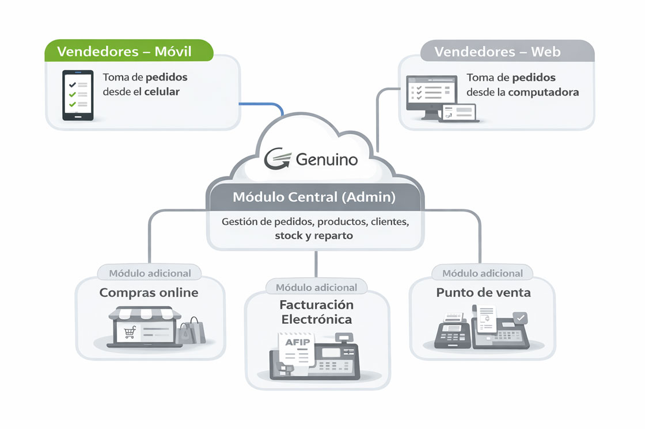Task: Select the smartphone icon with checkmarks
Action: tap(78, 95)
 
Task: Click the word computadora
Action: tap(544, 92)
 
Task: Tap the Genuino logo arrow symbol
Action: tap(278, 159)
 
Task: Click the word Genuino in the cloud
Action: tap(327, 159)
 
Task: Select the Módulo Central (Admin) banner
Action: tap(314, 197)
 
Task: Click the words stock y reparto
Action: tap(314, 236)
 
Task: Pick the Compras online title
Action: tap(149, 292)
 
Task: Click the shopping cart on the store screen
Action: tap(130, 332)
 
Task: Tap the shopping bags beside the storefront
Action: tap(190, 332)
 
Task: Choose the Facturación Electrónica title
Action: tap(316, 312)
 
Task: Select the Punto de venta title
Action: tap(483, 292)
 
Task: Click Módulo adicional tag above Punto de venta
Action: tap(483, 273)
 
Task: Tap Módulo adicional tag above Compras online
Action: tap(150, 273)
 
